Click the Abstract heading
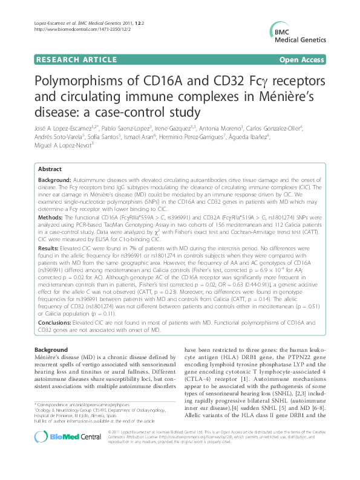49,169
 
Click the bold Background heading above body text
51,350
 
